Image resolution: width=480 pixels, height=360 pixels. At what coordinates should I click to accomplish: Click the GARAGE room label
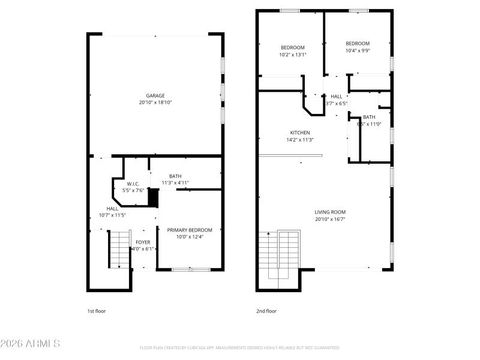155,95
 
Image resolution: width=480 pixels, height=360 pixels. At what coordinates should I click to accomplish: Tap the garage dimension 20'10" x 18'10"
155,103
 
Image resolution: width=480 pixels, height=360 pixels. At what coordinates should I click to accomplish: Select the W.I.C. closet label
133,184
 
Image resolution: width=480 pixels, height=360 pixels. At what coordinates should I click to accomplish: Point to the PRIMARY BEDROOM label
190,230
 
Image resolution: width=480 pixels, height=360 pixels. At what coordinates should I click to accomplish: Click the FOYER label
143,242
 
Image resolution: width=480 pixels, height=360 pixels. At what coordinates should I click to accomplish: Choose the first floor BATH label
175,176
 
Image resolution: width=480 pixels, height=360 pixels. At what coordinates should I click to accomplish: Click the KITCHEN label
300,133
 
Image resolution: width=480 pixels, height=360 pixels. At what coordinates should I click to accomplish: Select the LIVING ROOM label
330,212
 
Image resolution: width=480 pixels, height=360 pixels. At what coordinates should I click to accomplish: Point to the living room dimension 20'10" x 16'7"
330,219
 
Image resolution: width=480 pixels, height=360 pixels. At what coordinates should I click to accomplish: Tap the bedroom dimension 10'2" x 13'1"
293,55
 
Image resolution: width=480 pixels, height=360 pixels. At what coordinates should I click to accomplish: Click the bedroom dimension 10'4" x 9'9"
358,50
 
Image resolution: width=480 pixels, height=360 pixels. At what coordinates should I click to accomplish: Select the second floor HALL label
337,96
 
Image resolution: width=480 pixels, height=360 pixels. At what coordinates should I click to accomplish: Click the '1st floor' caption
97,311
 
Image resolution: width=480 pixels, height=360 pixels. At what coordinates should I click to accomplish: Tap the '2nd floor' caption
266,311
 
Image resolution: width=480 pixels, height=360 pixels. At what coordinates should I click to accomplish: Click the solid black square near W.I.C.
153,196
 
